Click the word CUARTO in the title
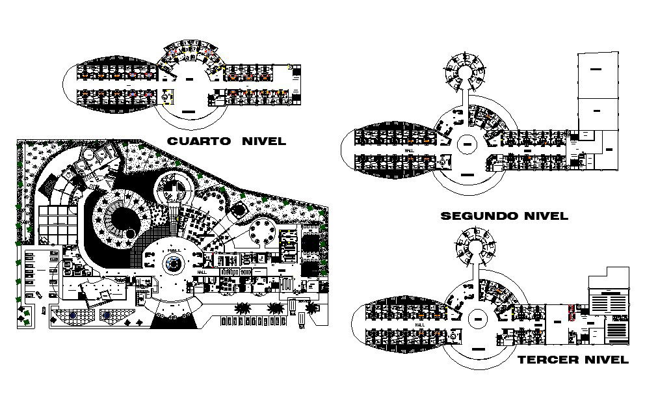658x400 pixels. pos(198,141)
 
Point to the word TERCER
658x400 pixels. pos(546,360)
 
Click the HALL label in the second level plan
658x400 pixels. pos(409,150)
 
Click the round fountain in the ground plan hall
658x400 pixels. pos(174,263)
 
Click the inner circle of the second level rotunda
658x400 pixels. pos(467,144)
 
